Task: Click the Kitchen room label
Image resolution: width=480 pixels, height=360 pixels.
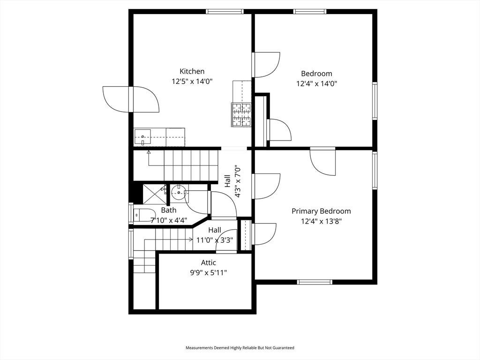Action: point(192,71)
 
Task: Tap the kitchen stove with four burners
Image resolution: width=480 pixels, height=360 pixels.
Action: point(241,115)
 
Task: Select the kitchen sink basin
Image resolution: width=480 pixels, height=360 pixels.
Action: point(142,137)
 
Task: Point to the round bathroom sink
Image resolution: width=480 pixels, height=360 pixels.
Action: point(178,192)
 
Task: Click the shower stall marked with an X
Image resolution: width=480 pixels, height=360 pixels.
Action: point(155,194)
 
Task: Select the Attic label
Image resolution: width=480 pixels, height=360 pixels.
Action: point(209,262)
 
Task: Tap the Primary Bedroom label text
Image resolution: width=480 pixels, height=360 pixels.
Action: point(321,211)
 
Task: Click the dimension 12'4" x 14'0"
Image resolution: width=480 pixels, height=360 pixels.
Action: point(316,83)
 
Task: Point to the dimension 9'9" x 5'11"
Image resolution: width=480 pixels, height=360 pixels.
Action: point(209,272)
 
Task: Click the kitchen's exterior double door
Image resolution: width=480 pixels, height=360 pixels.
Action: point(131,99)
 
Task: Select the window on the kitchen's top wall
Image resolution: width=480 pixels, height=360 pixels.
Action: point(225,12)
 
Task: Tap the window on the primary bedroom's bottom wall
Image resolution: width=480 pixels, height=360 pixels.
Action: point(315,282)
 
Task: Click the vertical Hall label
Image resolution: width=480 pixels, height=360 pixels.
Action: point(227,181)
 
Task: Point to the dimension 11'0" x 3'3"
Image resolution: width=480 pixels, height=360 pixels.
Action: point(215,240)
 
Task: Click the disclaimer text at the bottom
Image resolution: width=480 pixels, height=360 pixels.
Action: point(240,348)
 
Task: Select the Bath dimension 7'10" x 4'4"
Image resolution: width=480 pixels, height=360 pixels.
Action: point(169,220)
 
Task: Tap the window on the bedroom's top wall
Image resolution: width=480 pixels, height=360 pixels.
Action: point(309,12)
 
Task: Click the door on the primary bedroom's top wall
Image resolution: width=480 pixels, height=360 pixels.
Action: point(322,162)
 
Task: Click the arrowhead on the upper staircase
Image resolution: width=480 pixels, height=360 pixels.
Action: point(149,152)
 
